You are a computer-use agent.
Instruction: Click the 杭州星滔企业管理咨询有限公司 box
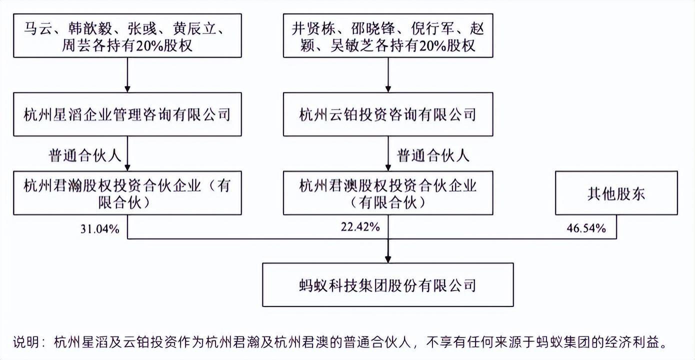tap(127, 114)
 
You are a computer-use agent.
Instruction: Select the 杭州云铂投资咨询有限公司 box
tap(388, 114)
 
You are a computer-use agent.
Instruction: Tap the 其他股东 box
tap(616, 192)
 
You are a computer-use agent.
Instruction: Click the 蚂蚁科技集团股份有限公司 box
tap(388, 285)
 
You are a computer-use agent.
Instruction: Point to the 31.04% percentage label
tap(100, 229)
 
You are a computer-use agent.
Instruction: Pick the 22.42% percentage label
tap(360, 227)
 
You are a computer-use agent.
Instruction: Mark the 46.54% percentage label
tap(586, 228)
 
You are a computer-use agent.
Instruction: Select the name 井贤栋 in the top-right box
tap(313, 28)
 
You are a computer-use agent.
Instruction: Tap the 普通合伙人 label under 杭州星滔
tap(84, 155)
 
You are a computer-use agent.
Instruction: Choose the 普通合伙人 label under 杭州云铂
tap(433, 155)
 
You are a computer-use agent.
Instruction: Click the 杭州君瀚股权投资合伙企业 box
tap(127, 192)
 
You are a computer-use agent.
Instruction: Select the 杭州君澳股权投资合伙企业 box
tap(388, 192)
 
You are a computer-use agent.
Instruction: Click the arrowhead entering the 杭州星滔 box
tap(127, 88)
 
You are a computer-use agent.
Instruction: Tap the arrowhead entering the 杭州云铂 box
tap(388, 88)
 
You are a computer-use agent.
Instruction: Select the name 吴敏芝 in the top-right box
tap(352, 46)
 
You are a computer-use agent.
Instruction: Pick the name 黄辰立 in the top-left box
tap(194, 28)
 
